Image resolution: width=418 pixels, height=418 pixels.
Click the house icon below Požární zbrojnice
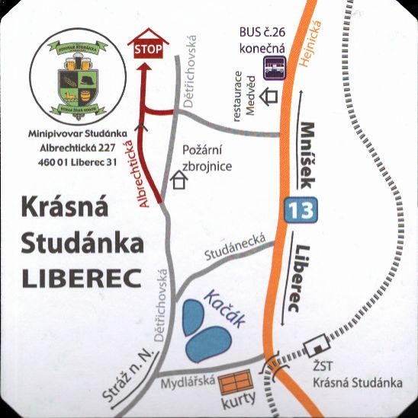pos(181,180)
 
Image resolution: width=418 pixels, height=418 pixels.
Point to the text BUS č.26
pos(262,33)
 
